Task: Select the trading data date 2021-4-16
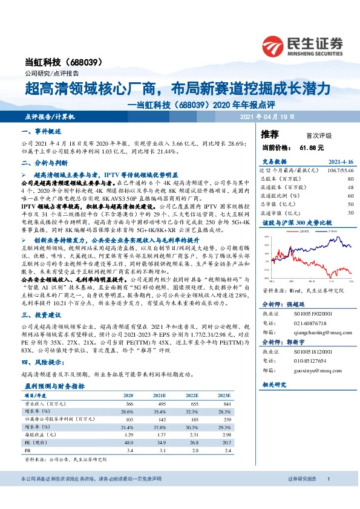341,163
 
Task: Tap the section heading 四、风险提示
40,361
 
